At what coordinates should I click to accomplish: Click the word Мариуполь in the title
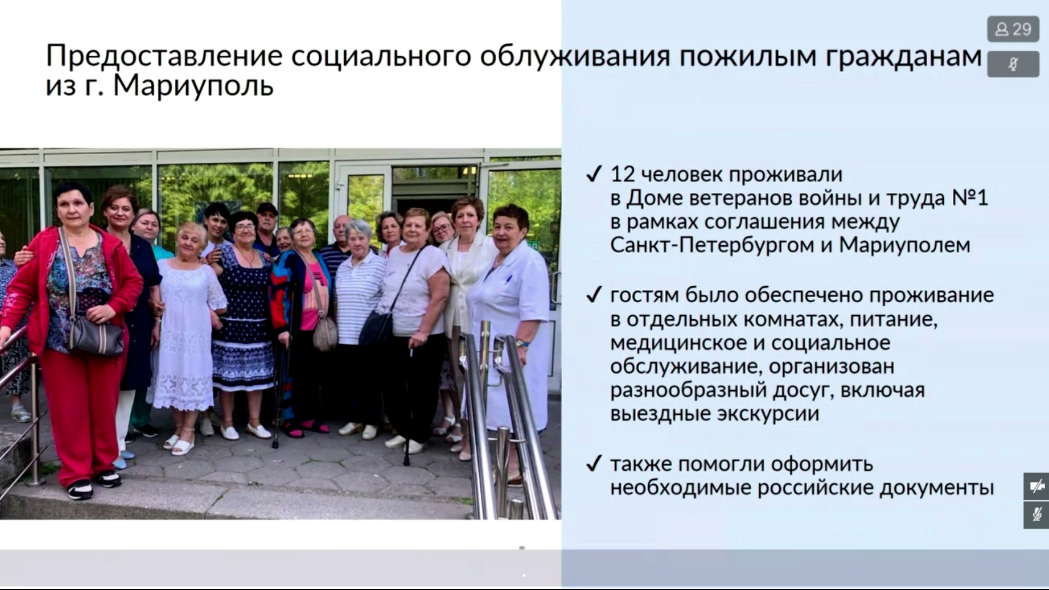193,86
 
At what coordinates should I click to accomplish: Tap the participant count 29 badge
1012,29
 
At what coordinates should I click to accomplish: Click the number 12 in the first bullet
621,174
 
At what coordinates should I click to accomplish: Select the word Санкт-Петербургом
712,245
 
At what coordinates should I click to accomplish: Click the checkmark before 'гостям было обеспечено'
593,296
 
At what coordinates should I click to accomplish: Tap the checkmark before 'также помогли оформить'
593,464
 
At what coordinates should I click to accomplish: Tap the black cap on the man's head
267,209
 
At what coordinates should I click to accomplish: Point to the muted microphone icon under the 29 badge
1013,64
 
